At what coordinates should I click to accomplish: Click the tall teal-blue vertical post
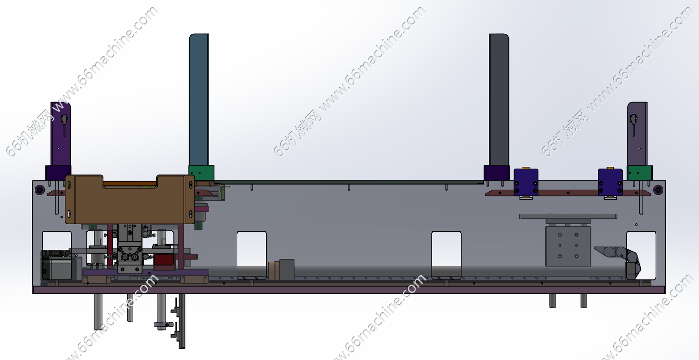pos(199,100)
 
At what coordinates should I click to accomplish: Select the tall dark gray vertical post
pos(499,100)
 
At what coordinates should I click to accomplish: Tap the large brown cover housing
pos(130,199)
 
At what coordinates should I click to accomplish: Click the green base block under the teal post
pos(201,173)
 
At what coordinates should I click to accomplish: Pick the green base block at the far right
pos(640,173)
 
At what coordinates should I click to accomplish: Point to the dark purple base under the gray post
pos(496,173)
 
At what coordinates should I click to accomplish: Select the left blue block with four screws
pos(526,182)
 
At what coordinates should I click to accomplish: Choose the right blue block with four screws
pos(610,182)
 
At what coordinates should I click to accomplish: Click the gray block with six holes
pos(568,246)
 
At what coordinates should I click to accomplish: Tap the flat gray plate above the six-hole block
pos(568,216)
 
